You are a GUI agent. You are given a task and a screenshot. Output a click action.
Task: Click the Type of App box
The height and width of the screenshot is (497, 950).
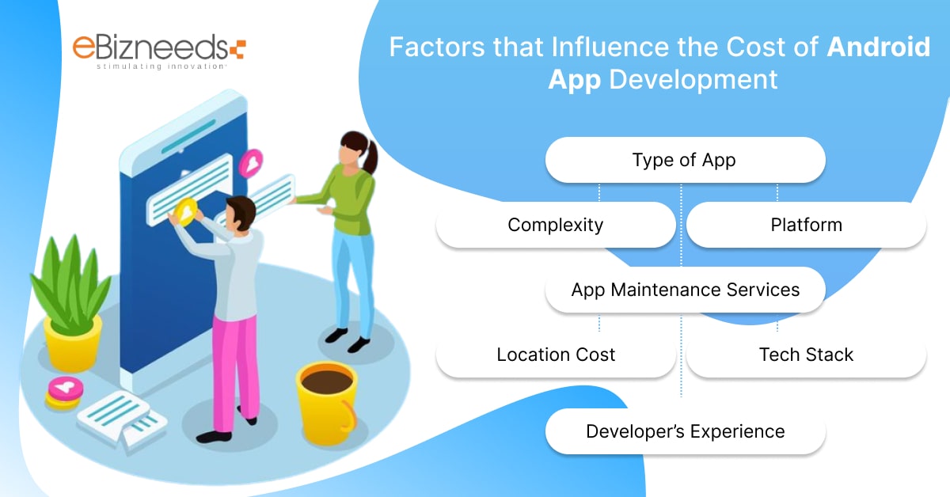(685, 161)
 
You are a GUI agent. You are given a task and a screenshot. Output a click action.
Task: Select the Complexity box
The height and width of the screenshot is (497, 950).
(556, 225)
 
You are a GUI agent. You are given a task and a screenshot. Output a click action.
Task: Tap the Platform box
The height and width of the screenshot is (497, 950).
(806, 225)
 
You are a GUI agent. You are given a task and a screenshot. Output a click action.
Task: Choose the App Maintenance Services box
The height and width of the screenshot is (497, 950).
(685, 290)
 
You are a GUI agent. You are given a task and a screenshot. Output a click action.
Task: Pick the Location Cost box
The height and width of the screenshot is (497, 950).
(556, 355)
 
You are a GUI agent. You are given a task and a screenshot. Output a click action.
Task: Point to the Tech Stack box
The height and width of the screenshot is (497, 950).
(806, 355)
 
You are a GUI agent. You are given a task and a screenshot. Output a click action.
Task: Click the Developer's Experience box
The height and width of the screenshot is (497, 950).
(685, 431)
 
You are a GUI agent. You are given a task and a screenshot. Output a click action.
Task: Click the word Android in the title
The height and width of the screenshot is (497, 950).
(879, 47)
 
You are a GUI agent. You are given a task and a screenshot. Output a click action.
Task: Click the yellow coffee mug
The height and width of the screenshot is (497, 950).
(324, 396)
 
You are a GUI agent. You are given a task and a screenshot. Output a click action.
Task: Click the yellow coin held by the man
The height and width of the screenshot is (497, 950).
(186, 212)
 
